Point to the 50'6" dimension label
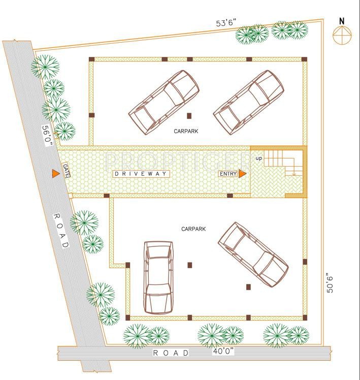click(x=331, y=281)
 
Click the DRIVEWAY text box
click(x=140, y=174)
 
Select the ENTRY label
click(x=228, y=174)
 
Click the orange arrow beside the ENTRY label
click(x=242, y=174)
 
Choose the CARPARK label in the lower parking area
click(x=193, y=229)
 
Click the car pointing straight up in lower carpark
click(x=158, y=277)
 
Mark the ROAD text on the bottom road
click(x=171, y=353)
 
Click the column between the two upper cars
click(x=189, y=115)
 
